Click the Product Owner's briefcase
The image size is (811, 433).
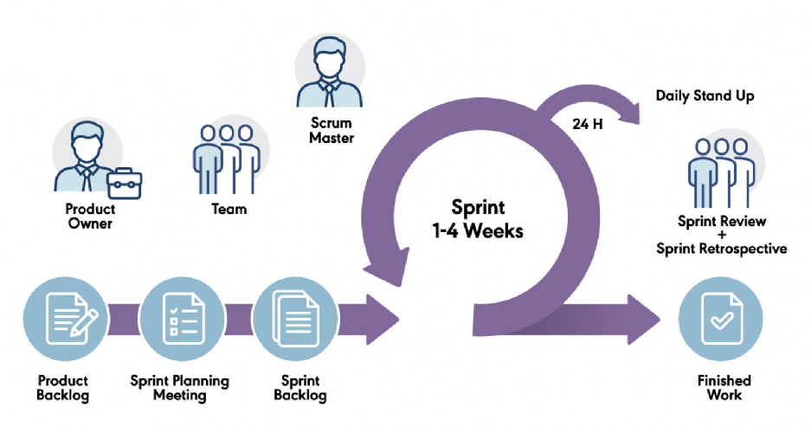(x=125, y=181)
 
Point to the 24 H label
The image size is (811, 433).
(x=588, y=123)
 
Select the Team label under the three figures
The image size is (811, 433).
(x=228, y=209)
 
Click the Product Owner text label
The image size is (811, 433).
(x=88, y=216)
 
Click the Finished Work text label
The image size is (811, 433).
(x=724, y=388)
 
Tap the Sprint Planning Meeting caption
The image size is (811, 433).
(x=179, y=388)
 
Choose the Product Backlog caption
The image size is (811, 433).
(x=62, y=388)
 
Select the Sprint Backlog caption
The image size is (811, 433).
(x=299, y=388)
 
